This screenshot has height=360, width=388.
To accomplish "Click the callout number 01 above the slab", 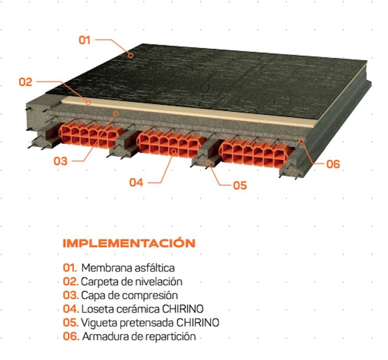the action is click(84, 40).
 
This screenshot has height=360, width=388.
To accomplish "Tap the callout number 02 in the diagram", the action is click(26, 82).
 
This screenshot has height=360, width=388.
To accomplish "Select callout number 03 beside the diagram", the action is click(61, 161).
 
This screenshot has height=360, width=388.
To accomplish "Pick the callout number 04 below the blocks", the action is click(136, 183).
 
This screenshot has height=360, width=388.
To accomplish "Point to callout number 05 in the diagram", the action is click(240, 186).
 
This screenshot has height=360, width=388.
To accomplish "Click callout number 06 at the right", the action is click(333, 164).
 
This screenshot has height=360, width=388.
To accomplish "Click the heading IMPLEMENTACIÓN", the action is click(129, 243).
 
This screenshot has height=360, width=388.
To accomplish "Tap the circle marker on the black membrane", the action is click(130, 55).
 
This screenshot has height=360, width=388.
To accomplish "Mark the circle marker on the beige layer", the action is click(88, 103).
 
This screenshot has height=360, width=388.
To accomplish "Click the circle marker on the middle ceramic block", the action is click(174, 151).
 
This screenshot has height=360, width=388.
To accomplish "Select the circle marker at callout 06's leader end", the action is click(301, 141).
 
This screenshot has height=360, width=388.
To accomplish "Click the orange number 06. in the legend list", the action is click(71, 337).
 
